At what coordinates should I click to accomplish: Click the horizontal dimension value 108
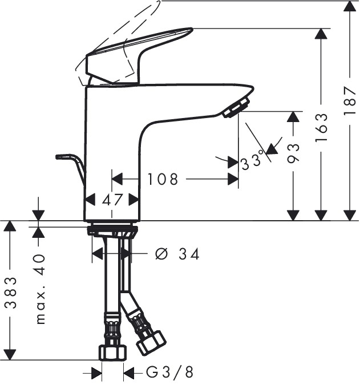tap(163, 180)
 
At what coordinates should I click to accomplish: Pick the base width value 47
tap(112, 200)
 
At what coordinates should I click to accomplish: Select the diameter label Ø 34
tap(177, 254)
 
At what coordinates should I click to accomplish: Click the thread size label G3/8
tap(170, 373)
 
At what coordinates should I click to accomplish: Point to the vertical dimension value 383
tap(11, 292)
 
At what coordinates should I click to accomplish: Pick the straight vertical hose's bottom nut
tap(112, 352)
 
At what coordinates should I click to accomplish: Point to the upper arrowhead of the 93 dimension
tap(293, 117)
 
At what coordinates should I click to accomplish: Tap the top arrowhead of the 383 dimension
tap(11, 226)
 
